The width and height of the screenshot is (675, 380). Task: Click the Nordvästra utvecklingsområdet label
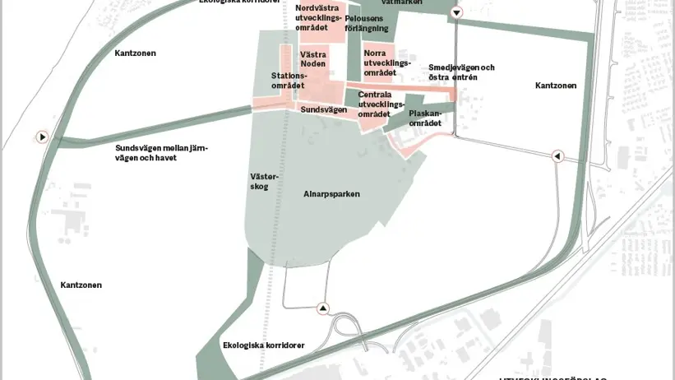pyautogui.click(x=318, y=17)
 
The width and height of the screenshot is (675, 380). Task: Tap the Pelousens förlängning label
pyautogui.click(x=367, y=22)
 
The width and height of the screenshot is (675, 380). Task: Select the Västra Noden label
pyautogui.click(x=313, y=58)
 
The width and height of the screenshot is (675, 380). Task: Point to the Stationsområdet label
pyautogui.click(x=288, y=81)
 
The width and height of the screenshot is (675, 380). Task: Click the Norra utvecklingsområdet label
pyautogui.click(x=386, y=63)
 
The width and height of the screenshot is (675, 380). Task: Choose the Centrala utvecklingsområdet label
pyautogui.click(x=381, y=104)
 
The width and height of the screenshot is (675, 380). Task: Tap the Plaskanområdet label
pyautogui.click(x=425, y=118)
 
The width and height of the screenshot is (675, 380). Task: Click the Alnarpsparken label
pyautogui.click(x=331, y=194)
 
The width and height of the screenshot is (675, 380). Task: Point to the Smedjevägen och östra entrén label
pyautogui.click(x=461, y=72)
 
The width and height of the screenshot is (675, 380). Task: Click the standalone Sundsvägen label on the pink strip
pyautogui.click(x=324, y=109)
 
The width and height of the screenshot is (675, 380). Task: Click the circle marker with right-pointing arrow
pyautogui.click(x=42, y=137)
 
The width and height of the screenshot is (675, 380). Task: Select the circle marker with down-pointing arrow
pyautogui.click(x=456, y=12)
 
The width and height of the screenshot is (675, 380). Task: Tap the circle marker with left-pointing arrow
pyautogui.click(x=557, y=156)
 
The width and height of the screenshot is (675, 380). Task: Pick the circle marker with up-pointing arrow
pyautogui.click(x=323, y=308)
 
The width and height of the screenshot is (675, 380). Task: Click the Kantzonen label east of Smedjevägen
pyautogui.click(x=556, y=85)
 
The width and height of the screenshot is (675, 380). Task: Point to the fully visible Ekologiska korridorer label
pyautogui.click(x=264, y=345)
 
